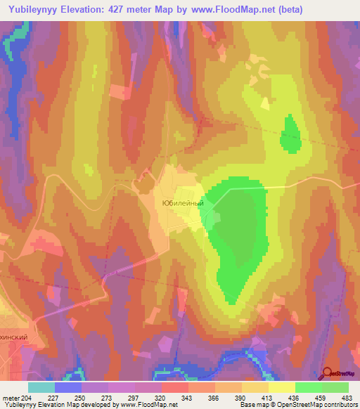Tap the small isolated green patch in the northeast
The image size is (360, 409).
[x=289, y=134]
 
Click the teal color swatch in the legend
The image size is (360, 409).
[x=41, y=387]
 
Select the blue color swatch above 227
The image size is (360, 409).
[x=68, y=387]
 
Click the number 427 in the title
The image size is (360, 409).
[x=143, y=10]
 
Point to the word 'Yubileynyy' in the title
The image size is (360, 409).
[x=38, y=10]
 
